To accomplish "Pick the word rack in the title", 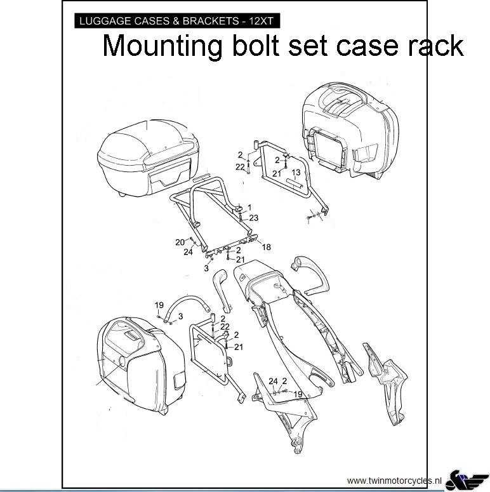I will point(437,46).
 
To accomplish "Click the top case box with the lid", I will point(147,158).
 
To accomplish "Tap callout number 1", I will point(249,208).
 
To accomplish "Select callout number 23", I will point(253,218).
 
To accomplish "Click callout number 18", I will point(266,247).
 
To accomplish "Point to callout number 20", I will point(180,242).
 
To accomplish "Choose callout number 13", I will point(296,173).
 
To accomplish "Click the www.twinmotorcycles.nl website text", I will point(393,480).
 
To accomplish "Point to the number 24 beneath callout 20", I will point(188,252).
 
